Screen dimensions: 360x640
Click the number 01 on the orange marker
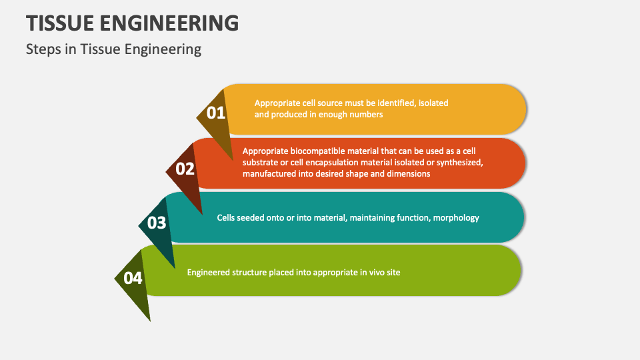pos(216,113)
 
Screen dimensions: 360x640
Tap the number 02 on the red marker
pos(185,169)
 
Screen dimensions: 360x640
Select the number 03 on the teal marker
pos(157,223)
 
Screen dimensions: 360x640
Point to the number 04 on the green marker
pos(133,278)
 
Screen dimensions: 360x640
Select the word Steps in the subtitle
pos(43,49)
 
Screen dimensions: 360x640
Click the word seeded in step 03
pos(254,217)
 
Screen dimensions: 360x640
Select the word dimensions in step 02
pos(409,173)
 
